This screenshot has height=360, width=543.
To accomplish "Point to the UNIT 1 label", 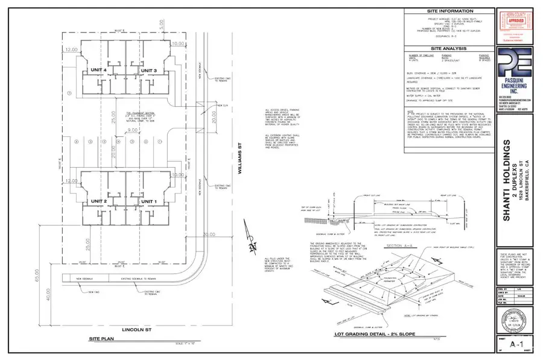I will click(x=149, y=201).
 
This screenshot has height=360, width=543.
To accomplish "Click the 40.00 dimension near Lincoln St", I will click(x=48, y=305).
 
